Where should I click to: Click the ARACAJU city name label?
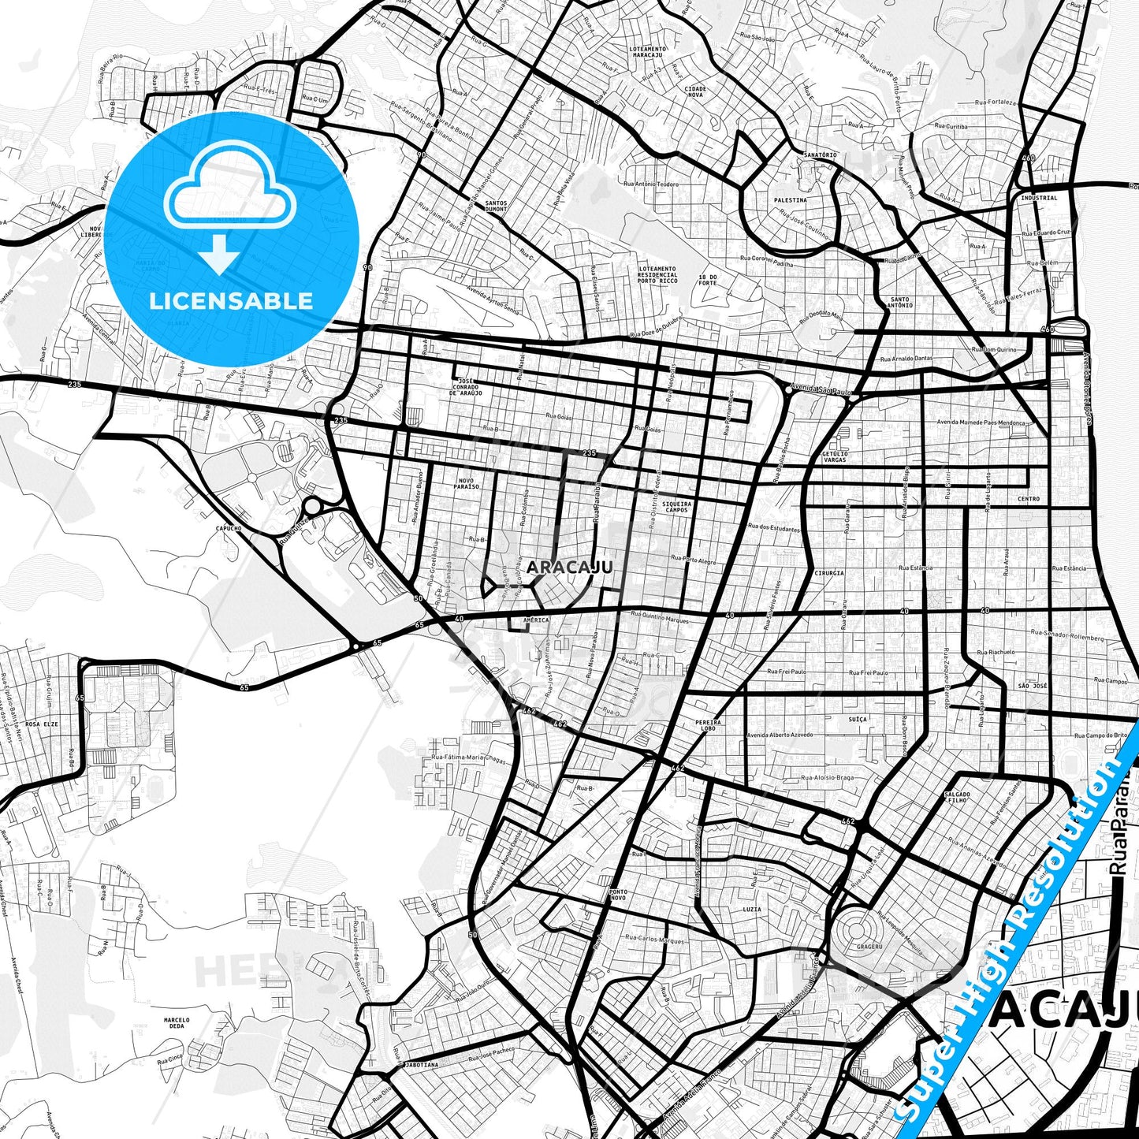[x=569, y=568]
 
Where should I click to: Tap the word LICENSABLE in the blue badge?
[x=230, y=301]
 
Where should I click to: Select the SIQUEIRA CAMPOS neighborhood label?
[x=676, y=507]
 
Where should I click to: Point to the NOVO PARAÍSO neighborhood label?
[x=467, y=483]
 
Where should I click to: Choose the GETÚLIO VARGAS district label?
[x=835, y=456]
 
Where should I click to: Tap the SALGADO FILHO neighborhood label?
[x=957, y=797]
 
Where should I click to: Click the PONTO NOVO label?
[x=618, y=895]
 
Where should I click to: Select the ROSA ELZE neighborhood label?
[x=41, y=724]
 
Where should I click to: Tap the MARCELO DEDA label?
[x=177, y=1022]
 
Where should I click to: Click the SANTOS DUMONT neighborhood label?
[x=496, y=206]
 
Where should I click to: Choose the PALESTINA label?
[x=790, y=200]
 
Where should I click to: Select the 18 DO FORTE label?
[x=708, y=280]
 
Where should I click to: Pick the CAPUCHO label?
[x=228, y=528]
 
